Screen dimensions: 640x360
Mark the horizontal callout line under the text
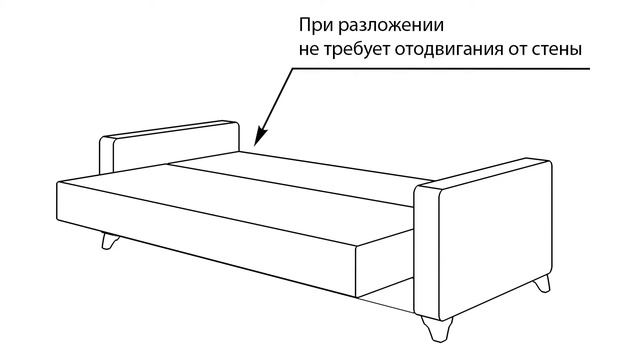(440, 69)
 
